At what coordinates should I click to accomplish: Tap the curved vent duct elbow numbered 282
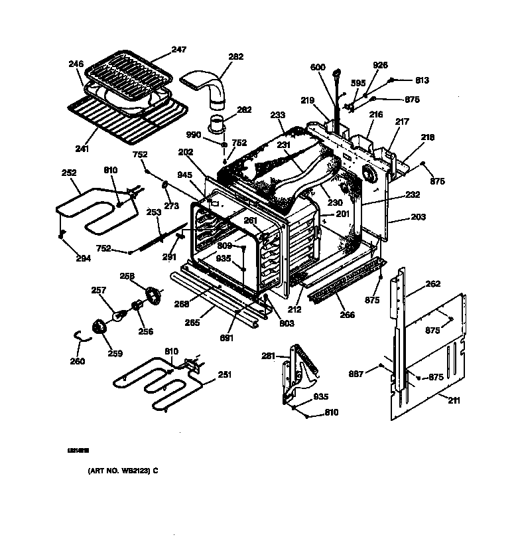point(212,87)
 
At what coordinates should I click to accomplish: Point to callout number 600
point(318,67)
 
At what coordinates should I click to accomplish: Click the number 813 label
point(422,80)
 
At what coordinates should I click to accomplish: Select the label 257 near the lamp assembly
point(99,291)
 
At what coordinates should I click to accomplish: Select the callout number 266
point(346,315)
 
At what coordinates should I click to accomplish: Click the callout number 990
point(194,135)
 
